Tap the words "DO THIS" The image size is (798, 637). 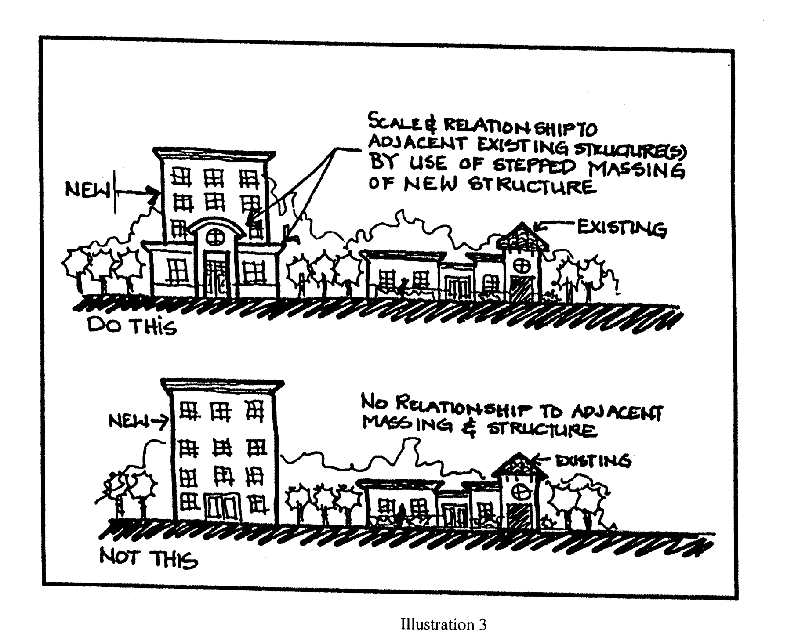[x=132, y=326]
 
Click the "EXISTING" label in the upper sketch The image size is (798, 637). [x=621, y=228]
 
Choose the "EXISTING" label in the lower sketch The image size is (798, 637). [x=593, y=461]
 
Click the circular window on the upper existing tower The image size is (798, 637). [x=522, y=266]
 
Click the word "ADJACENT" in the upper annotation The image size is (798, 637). [x=411, y=144]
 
